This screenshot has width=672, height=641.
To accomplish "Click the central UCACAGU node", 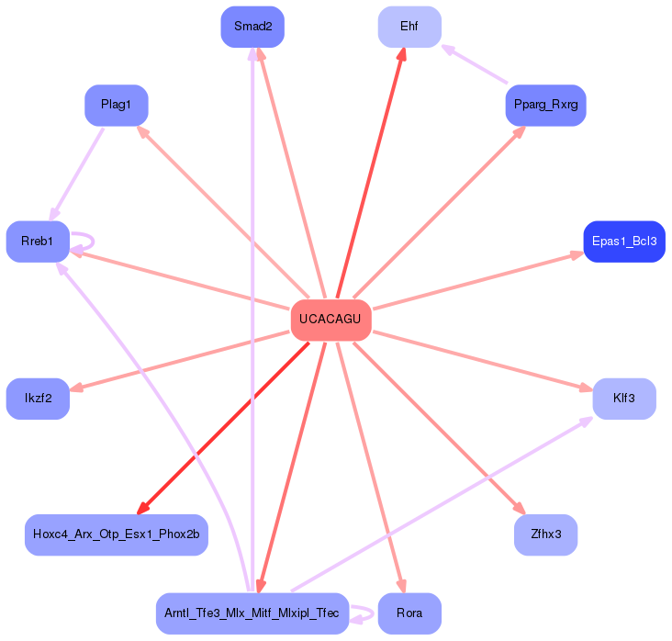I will point(331,320).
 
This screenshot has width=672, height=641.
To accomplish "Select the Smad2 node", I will point(252,27).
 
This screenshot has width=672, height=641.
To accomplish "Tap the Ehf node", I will point(409,27).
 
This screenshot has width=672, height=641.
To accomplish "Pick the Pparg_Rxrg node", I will point(545,105).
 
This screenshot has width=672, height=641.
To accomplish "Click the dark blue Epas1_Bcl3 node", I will point(623,242).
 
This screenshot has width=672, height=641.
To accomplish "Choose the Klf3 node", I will point(624,399).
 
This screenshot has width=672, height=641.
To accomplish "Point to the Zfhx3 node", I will point(545,534).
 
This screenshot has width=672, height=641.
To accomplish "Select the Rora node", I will point(409,613).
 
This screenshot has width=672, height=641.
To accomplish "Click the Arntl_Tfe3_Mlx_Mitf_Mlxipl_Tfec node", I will point(252,613).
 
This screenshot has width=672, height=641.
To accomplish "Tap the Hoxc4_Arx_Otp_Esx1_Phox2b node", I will point(117,534).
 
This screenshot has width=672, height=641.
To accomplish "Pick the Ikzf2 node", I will point(39,399).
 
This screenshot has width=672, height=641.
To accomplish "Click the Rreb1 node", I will point(39,242).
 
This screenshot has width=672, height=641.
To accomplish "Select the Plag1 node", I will point(117,105).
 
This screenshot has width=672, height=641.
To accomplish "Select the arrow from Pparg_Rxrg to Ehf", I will point(475,65).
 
